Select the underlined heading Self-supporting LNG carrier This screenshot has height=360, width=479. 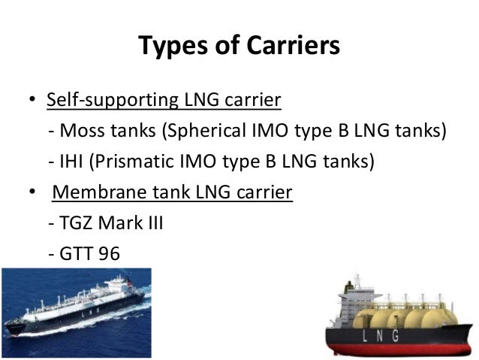[x=164, y=100]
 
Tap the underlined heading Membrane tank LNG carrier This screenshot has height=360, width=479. [x=172, y=192]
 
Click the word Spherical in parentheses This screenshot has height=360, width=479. [x=218, y=132]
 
